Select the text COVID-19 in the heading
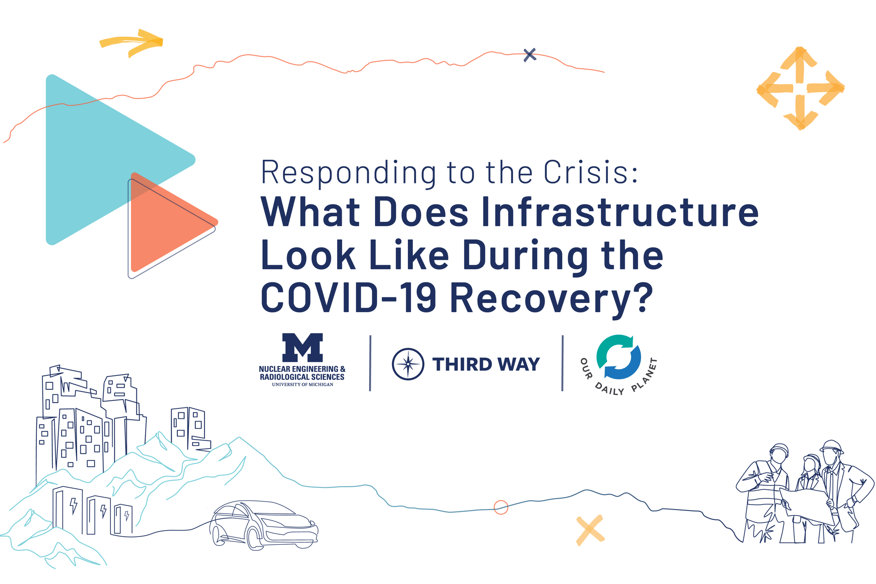[349, 297]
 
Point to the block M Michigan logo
[302, 348]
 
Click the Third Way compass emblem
[408, 364]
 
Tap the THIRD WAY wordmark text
[486, 364]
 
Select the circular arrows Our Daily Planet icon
[619, 357]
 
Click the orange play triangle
[171, 222]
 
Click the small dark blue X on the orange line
[530, 55]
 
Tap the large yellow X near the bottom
[590, 530]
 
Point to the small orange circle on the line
[501, 507]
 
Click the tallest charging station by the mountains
[67, 510]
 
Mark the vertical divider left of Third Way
[370, 363]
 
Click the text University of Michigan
[302, 385]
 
